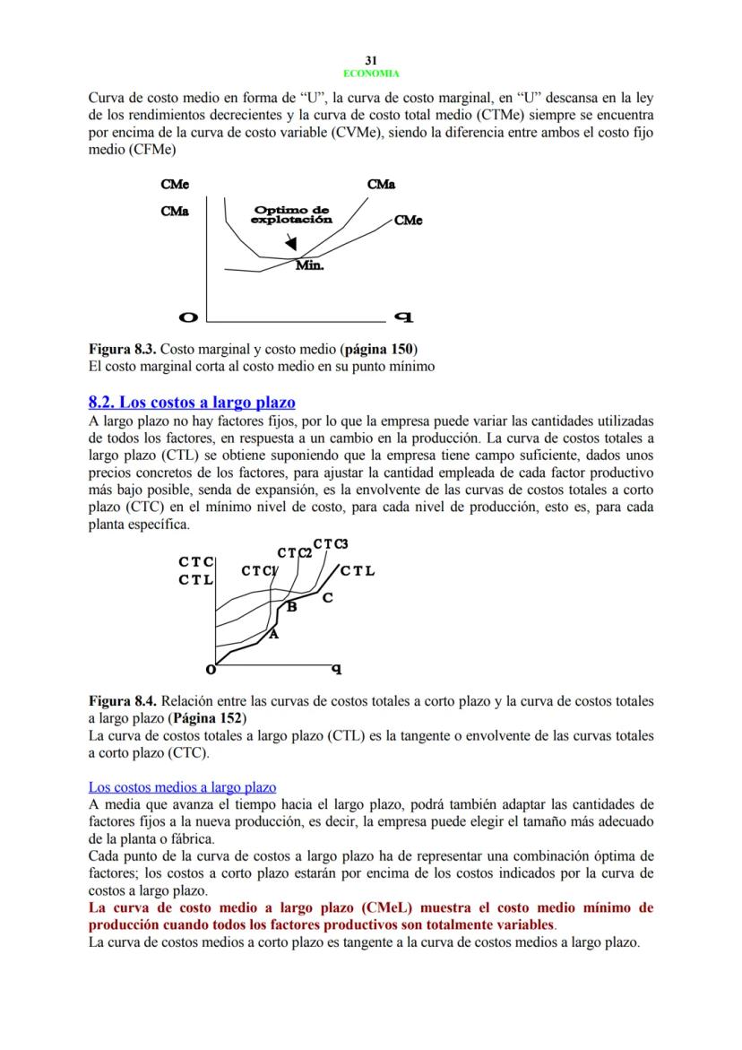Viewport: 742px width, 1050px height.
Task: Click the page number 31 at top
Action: click(x=371, y=60)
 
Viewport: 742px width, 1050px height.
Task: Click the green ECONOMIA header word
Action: click(x=371, y=74)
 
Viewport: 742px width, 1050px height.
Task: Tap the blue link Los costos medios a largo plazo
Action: click(x=182, y=787)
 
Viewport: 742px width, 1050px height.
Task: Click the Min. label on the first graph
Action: click(x=309, y=265)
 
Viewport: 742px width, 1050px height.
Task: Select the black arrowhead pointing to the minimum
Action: click(x=290, y=244)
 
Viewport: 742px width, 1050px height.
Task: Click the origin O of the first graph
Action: click(x=188, y=317)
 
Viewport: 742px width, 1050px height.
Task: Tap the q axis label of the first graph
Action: click(x=402, y=317)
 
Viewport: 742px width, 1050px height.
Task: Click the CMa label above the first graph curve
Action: click(x=381, y=185)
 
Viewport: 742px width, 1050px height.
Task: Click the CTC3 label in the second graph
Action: click(x=330, y=544)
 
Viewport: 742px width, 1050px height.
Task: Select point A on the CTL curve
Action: click(x=273, y=634)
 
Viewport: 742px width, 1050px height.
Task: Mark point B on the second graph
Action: click(x=291, y=608)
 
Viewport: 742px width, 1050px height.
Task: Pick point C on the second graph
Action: click(x=327, y=597)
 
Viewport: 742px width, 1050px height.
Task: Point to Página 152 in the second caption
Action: click(x=208, y=718)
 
